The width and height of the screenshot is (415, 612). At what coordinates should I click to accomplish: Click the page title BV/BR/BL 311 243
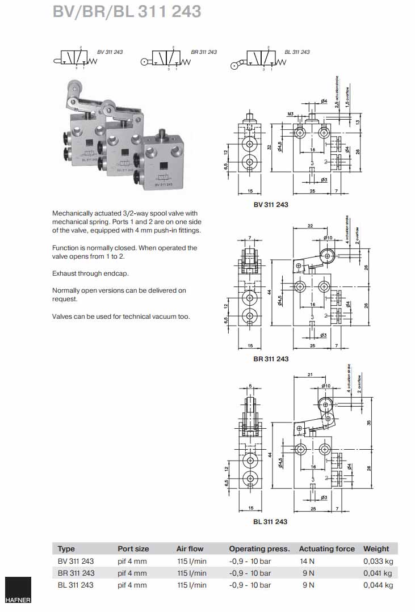coord(127,11)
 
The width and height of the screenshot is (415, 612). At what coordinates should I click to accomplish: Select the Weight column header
coord(376,548)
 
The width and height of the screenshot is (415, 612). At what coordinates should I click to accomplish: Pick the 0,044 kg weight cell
coord(378,585)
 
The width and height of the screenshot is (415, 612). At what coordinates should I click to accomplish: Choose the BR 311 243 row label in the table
coord(76,573)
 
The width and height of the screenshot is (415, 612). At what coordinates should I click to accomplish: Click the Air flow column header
coord(190,548)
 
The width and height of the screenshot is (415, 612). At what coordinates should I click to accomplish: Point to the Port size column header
coord(133,548)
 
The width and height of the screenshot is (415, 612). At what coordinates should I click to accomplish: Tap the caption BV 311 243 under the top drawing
coord(271,205)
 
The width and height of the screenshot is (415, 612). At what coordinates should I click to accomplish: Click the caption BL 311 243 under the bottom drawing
coord(270,522)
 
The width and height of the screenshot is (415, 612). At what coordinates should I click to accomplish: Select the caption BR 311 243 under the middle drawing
coord(271,359)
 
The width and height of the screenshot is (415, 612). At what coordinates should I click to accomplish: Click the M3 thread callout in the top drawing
coord(290,114)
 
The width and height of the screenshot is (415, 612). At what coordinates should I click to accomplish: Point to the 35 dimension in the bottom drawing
coord(370,423)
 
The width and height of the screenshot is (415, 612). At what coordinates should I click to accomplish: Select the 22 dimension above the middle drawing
coord(310,226)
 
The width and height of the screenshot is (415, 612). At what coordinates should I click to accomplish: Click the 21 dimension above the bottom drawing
coord(309,375)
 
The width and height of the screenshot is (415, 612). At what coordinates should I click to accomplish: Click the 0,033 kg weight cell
coord(378,561)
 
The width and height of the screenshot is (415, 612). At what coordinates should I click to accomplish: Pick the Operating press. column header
coord(259,548)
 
